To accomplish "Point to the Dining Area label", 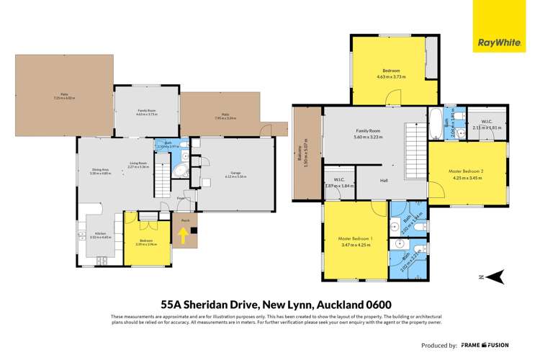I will [x=101, y=171].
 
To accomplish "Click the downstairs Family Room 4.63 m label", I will [x=147, y=112].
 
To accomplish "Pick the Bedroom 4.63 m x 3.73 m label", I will [x=394, y=73].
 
